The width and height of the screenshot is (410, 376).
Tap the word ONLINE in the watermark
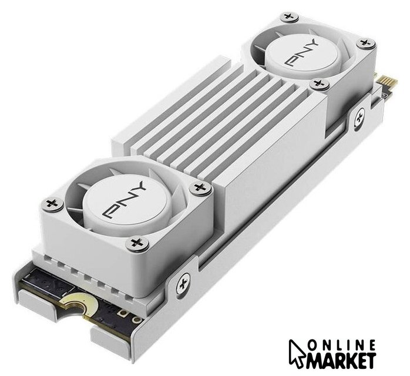(342, 345)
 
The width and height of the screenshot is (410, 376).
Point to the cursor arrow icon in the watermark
(297, 353)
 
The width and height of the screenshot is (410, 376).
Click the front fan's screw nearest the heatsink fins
(200, 187)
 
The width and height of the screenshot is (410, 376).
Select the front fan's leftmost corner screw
(52, 204)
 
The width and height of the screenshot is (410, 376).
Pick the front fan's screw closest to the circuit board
(137, 244)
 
